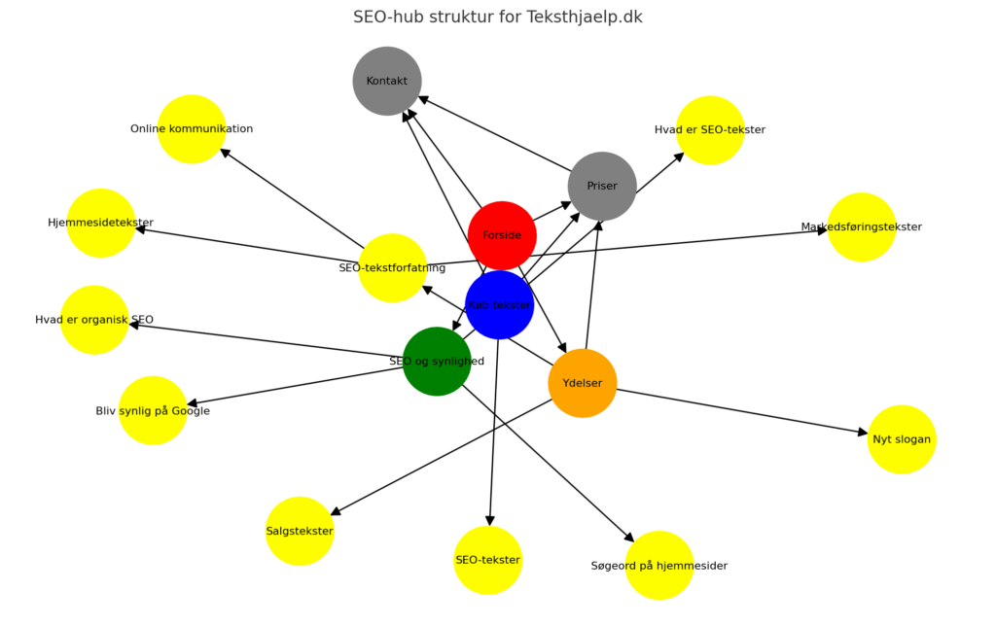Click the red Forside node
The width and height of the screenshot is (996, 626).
point(502,235)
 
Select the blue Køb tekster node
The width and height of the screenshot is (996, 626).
point(499,304)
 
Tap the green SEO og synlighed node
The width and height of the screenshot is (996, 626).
point(437,362)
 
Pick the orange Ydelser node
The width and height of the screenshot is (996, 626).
point(583,383)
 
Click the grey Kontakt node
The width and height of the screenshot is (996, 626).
point(387,81)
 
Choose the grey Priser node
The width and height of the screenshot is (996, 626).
point(602,186)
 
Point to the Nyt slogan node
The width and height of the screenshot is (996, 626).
point(902,439)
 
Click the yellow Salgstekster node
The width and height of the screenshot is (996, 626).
point(300,531)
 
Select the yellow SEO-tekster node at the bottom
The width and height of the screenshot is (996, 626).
point(488,560)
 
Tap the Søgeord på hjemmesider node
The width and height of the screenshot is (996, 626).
point(659,565)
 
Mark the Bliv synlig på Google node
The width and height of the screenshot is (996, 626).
point(153,410)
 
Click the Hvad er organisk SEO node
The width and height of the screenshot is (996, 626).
point(94,320)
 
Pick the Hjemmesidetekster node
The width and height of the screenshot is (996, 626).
point(101,223)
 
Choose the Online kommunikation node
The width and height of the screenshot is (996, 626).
point(192,128)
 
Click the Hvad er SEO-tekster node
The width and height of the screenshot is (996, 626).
point(710,129)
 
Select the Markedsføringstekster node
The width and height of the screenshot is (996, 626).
point(862,226)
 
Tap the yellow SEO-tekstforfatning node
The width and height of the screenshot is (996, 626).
point(392,267)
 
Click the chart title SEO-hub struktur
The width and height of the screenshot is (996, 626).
point(497,17)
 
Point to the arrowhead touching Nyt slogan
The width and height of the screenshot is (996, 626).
point(861,433)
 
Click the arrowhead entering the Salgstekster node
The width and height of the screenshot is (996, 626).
point(337,511)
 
